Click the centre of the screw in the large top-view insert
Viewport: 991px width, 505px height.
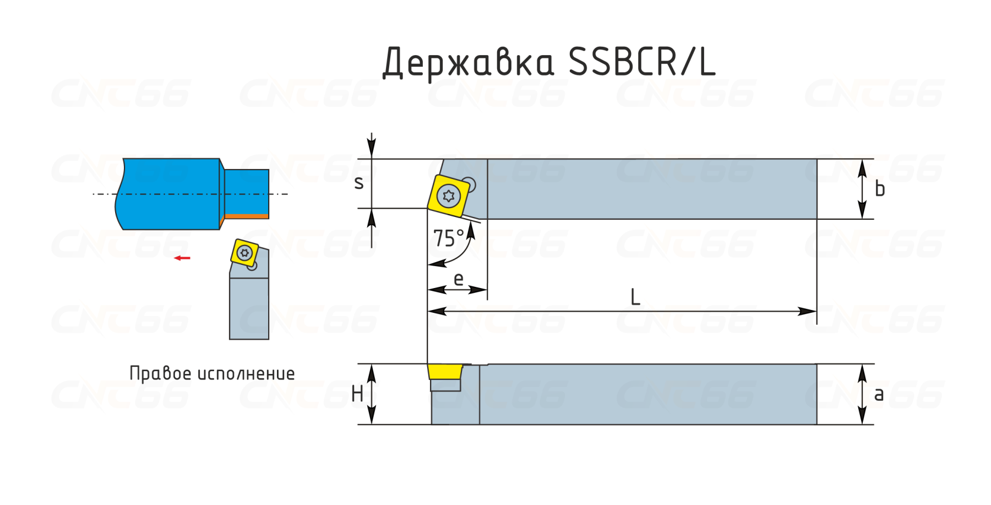(449, 196)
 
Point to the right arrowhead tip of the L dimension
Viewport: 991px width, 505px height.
(816, 311)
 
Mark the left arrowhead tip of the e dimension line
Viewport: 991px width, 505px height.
(428, 289)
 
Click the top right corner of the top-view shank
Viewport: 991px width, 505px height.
(816, 159)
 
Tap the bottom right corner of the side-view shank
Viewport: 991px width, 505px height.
(816, 424)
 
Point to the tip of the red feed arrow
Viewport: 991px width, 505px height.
(174, 258)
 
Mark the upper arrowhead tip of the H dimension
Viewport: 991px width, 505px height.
(372, 365)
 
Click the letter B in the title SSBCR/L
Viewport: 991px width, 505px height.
(624, 61)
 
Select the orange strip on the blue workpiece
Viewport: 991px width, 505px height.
(247, 216)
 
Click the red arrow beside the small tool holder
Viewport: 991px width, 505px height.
(182, 258)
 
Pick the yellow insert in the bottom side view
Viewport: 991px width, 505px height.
(445, 372)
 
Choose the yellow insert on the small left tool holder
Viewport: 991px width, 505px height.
(244, 253)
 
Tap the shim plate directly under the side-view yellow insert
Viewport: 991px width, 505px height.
(445, 385)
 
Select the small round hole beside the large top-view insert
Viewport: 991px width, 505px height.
(469, 184)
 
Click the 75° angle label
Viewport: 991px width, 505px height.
(449, 238)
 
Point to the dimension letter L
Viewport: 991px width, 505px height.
(635, 297)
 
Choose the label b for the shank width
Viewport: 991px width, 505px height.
(880, 189)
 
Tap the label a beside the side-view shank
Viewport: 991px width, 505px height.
(879, 394)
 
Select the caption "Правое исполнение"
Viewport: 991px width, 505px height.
(212, 373)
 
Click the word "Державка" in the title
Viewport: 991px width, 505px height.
(469, 62)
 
